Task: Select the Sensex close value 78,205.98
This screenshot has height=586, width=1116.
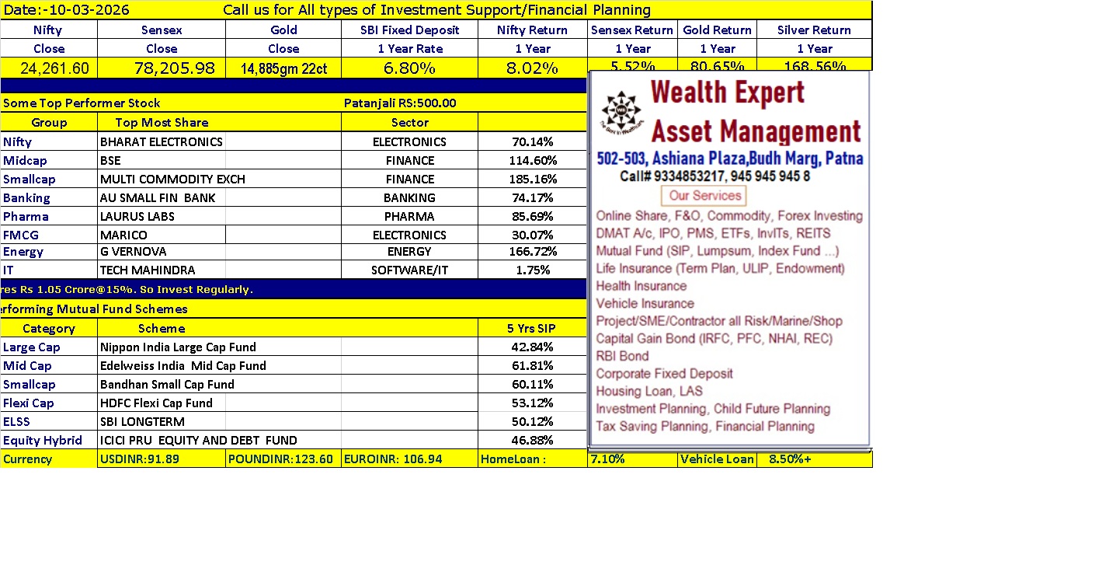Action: (162, 68)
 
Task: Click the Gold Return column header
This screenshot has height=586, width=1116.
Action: (717, 30)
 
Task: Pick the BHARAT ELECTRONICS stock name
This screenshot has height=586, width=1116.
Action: (162, 141)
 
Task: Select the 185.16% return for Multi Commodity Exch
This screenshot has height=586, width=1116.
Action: (532, 179)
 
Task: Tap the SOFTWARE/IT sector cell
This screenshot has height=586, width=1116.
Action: (409, 270)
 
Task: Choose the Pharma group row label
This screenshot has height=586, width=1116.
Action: (26, 216)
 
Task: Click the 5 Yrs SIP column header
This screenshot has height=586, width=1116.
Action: (532, 328)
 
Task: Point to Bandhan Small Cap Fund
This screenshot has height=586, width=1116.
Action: (167, 384)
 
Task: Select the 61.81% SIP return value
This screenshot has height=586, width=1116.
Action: (532, 365)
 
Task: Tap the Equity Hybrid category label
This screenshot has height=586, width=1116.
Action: (43, 440)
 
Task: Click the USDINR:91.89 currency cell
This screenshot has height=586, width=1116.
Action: (140, 459)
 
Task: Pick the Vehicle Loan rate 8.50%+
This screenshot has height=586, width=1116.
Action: (790, 459)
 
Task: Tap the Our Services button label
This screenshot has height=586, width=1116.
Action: (704, 195)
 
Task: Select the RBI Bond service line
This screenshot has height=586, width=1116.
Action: (622, 356)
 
